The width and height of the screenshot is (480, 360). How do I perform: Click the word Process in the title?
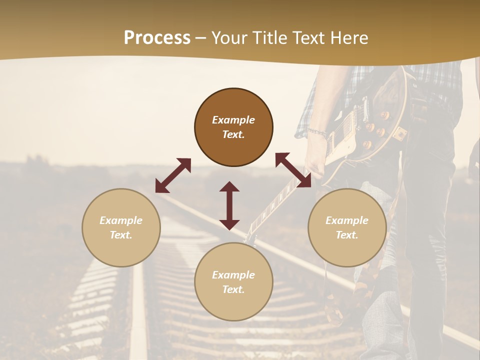click(157, 38)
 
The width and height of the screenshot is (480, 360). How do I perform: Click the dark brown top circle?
click(233, 127)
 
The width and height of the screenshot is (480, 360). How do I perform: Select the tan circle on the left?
click(121, 227)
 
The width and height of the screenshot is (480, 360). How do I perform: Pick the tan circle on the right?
click(347, 227)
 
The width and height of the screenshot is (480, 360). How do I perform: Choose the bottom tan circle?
click(233, 282)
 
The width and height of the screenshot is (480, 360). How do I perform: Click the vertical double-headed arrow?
click(229, 205)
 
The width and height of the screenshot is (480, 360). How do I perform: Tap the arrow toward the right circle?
click(293, 170)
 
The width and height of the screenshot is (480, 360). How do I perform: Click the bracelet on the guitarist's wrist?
click(317, 133)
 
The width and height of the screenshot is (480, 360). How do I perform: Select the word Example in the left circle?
click(121, 220)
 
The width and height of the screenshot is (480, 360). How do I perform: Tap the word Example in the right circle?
click(347, 220)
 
